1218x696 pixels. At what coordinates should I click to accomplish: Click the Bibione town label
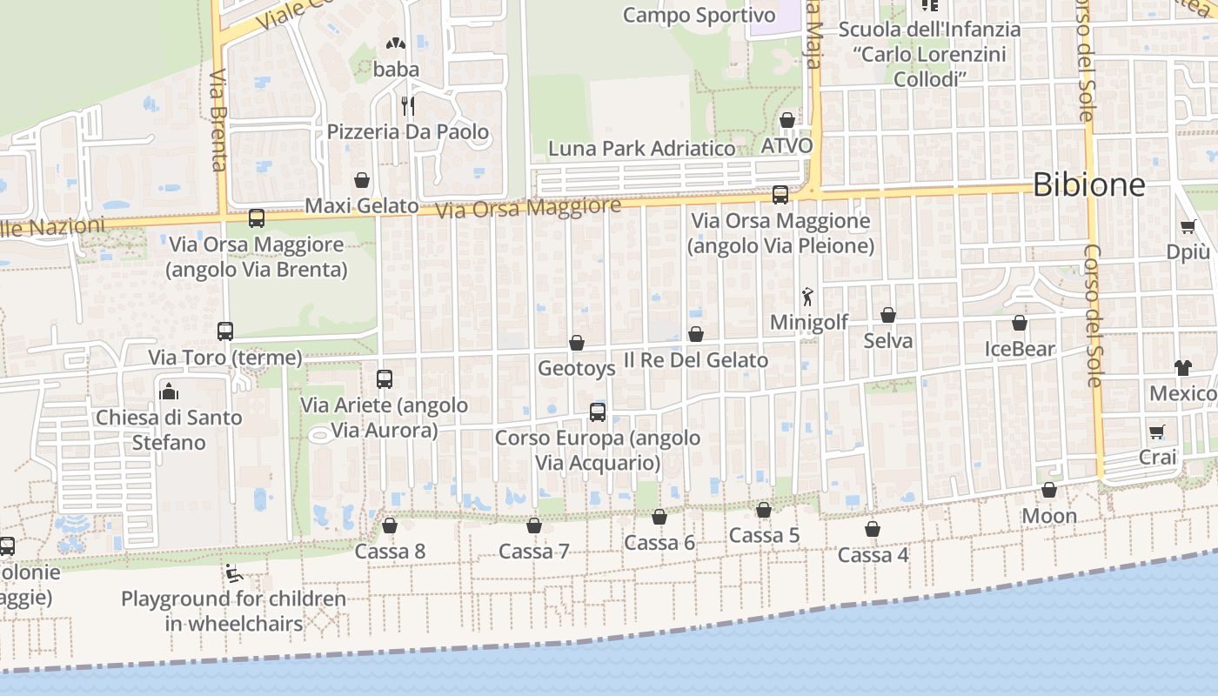click(1088, 184)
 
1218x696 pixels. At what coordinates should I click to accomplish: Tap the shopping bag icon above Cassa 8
click(390, 525)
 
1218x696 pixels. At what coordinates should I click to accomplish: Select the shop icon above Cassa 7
click(534, 525)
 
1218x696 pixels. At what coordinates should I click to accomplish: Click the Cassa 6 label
click(659, 543)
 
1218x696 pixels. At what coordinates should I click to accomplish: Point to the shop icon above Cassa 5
click(764, 510)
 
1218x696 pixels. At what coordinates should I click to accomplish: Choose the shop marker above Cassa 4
click(873, 529)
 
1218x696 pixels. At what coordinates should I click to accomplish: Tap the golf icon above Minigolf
click(808, 296)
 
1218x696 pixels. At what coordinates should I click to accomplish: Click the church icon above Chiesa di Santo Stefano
click(169, 391)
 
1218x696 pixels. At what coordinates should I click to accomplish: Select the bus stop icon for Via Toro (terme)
click(225, 331)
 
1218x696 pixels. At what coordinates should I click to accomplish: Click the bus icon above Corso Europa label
click(598, 412)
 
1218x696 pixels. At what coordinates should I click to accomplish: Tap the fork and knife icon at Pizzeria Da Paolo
click(407, 106)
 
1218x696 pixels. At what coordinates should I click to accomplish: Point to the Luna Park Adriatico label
click(641, 149)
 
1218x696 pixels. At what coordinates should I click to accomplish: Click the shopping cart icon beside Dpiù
click(1188, 227)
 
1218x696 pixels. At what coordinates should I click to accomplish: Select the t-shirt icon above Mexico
click(1182, 367)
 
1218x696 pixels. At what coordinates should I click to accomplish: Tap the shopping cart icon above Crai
click(1157, 432)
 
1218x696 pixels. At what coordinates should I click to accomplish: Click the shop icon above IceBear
click(1020, 324)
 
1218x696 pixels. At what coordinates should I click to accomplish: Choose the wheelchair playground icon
click(232, 572)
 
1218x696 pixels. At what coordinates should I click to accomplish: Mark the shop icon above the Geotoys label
click(577, 344)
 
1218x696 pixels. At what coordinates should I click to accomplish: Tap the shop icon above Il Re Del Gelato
click(696, 334)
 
